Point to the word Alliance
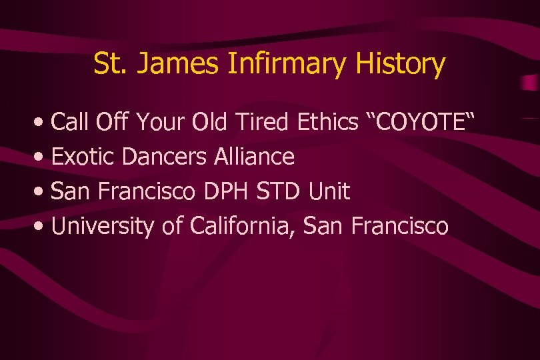tap(254, 157)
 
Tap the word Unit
tap(329, 192)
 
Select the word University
tap(103, 227)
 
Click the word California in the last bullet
tap(243, 227)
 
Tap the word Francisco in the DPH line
tap(151, 192)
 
